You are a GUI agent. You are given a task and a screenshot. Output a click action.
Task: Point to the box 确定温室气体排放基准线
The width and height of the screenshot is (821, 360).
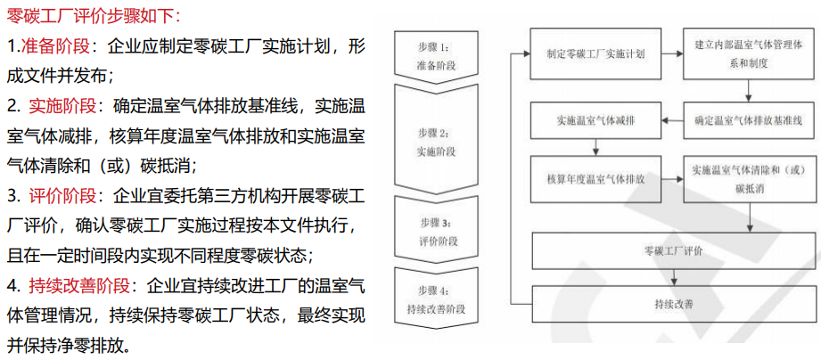[748, 120]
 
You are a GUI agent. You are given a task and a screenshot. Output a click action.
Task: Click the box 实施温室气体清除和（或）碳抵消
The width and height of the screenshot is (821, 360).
[748, 179]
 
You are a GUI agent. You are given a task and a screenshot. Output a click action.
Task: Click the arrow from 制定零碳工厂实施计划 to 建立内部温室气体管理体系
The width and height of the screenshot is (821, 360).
[671, 53]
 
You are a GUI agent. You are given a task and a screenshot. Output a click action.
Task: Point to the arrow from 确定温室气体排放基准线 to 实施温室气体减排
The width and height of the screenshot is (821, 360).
[671, 120]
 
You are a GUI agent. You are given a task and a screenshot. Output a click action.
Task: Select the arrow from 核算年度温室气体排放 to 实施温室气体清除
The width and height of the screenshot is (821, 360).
[671, 179]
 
